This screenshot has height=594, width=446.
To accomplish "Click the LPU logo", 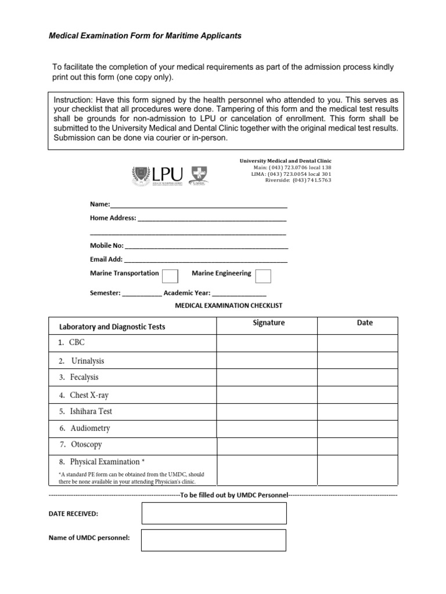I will pos(157,173).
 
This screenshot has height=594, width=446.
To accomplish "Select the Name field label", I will pos(99,205).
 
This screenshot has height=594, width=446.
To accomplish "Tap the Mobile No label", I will pos(106,245).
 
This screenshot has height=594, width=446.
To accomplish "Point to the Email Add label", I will pos(106,259).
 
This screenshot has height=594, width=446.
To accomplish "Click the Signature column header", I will pos(268,323).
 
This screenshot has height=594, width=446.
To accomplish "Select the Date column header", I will pos(365,323).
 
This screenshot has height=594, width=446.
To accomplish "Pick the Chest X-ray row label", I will pos(89,395).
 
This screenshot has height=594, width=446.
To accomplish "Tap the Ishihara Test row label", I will pos(91,412).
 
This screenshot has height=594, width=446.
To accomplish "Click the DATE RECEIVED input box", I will pos(214,513).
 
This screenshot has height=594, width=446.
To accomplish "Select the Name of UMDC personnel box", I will pos(214,539).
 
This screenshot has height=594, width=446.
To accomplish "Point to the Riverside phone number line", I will pos(298,180).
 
